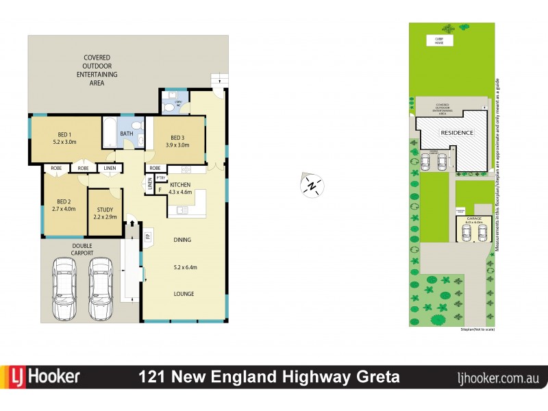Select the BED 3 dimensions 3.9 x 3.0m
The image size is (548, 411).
point(178,145)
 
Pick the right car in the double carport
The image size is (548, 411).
point(100,288)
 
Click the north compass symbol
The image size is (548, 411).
point(312,184)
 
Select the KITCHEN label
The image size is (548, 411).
point(179,186)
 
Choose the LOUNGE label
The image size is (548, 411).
point(184,294)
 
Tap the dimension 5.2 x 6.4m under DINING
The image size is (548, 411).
point(183,267)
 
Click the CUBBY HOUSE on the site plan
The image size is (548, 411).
point(434,40)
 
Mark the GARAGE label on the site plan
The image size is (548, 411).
point(473,219)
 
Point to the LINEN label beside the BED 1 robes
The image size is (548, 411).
point(108,169)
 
